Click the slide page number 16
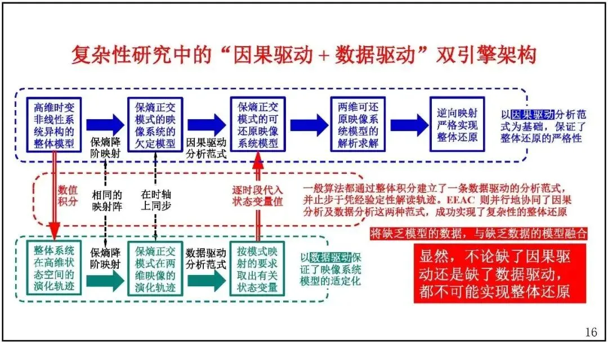point(591,332)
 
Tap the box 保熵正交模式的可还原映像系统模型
point(258,124)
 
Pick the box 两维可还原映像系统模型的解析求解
point(358,124)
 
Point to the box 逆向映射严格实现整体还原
point(457,124)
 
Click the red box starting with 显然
point(500,274)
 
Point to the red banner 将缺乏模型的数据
point(479,233)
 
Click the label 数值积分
point(68,196)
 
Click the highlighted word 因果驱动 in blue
point(533,114)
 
